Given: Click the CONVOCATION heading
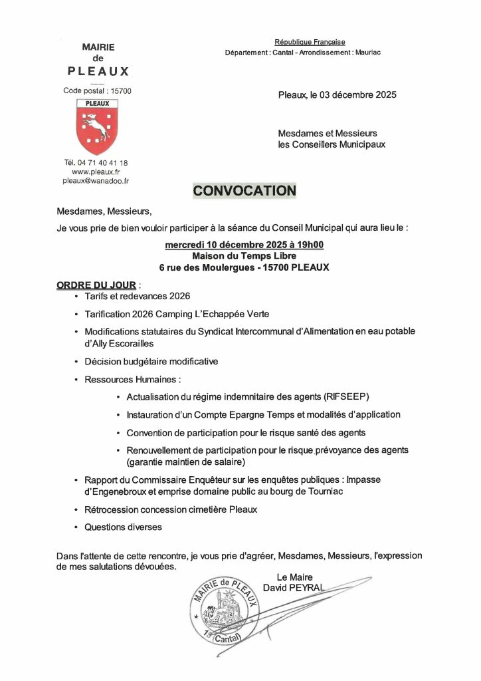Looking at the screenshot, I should point(244,191).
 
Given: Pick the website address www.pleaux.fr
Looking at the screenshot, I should point(96,172).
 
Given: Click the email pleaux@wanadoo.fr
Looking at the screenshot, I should point(96,180).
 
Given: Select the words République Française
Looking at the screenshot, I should point(310,42).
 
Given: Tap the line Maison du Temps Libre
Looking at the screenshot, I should point(244,256).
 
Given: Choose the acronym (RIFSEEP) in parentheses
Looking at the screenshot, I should point(356,397).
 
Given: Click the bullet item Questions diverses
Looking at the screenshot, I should point(123,527).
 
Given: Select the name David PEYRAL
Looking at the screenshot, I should point(294,588).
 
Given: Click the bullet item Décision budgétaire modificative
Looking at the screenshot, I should point(151,362).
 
